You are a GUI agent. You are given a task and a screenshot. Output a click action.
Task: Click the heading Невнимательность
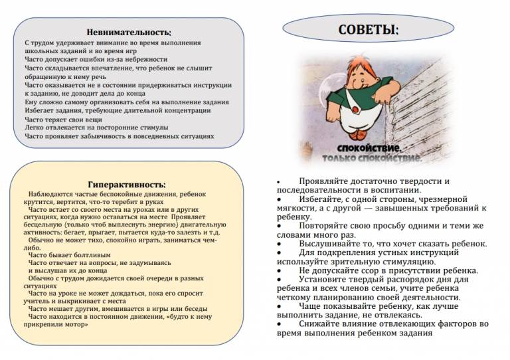[129, 32]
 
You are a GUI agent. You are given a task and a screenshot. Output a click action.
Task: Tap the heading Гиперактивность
[127, 184]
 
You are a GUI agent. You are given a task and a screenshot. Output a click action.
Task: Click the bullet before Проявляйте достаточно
[279, 181]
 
